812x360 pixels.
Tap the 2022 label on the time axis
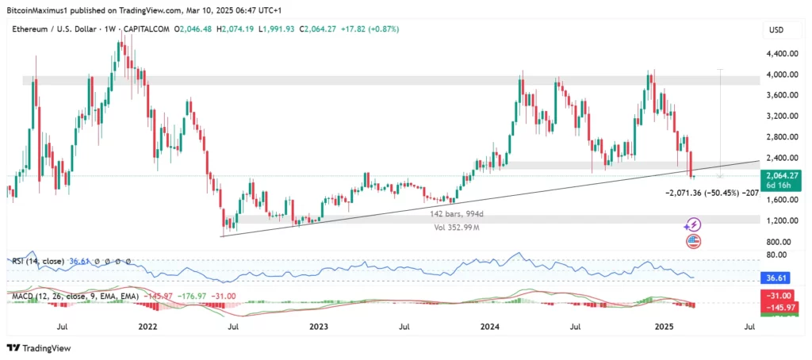point(147,325)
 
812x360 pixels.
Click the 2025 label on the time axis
point(665,325)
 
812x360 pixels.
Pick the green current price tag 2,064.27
point(782,174)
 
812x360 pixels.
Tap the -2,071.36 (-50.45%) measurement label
point(703,192)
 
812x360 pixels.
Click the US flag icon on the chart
point(693,239)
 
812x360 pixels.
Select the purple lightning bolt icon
point(693,225)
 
